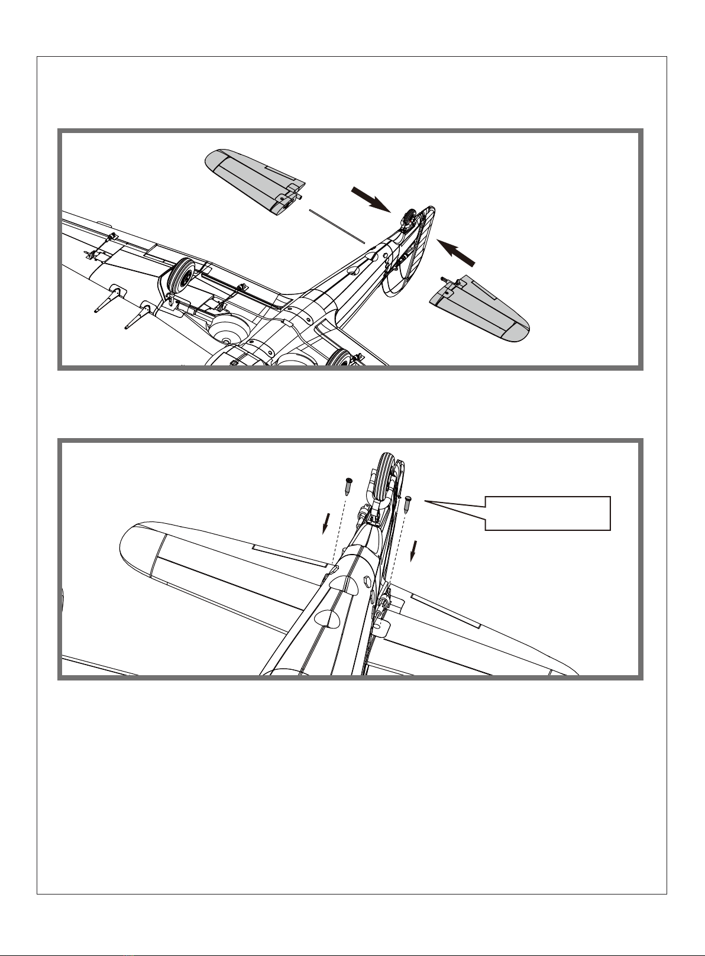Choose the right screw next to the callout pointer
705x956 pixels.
pos(408,507)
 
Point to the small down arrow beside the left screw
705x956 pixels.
pos(325,522)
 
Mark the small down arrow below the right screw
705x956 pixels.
pos(414,550)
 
